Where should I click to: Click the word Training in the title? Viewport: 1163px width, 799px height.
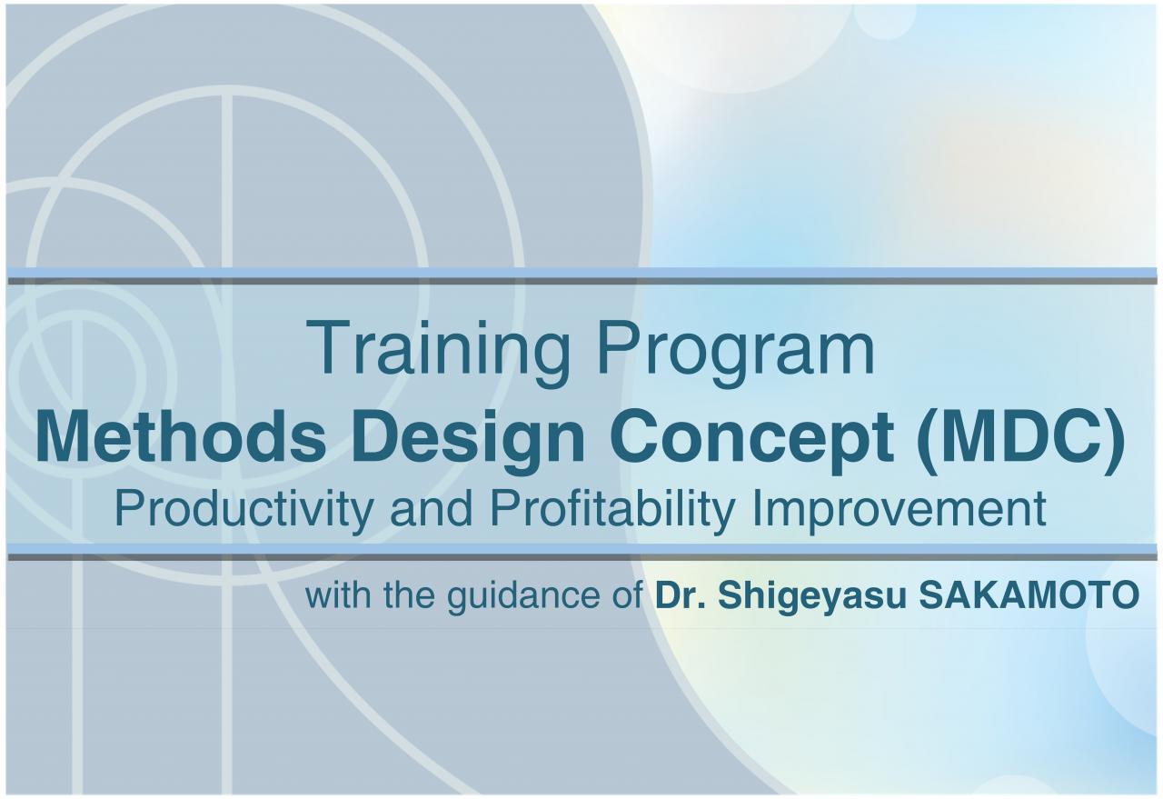pos(438,353)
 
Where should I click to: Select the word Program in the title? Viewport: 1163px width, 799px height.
pos(736,353)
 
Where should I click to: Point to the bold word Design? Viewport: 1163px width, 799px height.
pos(470,443)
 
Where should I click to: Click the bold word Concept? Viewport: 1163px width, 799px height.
pos(751,443)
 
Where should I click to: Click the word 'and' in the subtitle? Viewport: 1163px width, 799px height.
pos(432,509)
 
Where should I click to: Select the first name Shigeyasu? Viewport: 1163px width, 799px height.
pos(812,597)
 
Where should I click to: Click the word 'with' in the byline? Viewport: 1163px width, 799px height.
pos(338,594)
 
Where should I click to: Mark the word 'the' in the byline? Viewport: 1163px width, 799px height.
pos(409,594)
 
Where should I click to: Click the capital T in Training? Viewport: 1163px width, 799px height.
pos(328,347)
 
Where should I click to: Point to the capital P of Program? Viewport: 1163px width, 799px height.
pos(619,347)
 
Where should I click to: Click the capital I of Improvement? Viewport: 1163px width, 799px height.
pos(757,509)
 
